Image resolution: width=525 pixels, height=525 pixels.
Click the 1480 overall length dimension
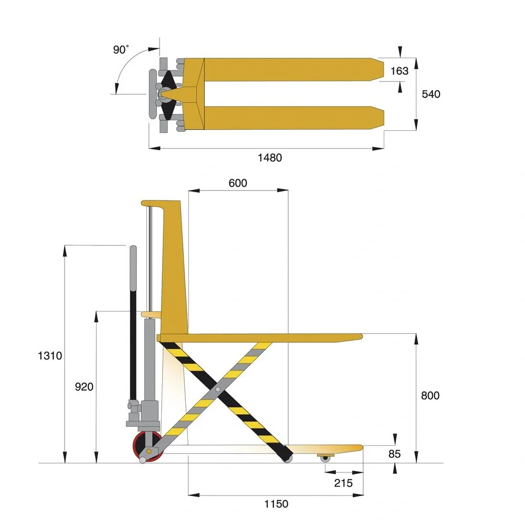[x=269, y=157]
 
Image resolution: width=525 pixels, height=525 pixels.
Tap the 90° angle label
[x=121, y=49]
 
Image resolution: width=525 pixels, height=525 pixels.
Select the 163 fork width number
[x=399, y=71]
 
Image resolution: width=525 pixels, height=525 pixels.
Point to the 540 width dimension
[x=431, y=94]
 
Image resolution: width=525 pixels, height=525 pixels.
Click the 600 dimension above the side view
[x=238, y=183]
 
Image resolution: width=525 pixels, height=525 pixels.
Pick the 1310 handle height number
[x=50, y=355]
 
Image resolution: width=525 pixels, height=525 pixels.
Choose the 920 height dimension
[x=84, y=387]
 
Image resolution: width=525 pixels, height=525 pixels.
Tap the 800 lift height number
[x=430, y=395]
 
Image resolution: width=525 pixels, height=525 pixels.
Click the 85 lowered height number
[x=394, y=454]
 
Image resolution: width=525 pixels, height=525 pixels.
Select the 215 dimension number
[x=343, y=483]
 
